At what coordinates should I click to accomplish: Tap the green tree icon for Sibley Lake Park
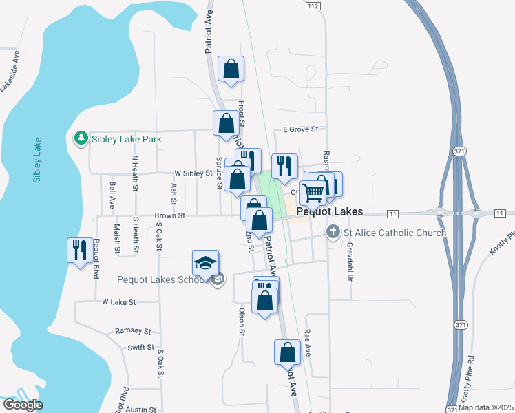click(x=81, y=139)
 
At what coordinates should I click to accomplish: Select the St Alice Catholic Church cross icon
click(x=333, y=232)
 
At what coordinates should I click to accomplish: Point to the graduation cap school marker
click(x=205, y=264)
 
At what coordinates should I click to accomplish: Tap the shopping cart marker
click(x=313, y=193)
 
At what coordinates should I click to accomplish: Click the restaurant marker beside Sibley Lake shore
click(x=80, y=250)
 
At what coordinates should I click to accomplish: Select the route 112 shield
click(x=313, y=6)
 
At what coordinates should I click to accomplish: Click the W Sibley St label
click(x=193, y=173)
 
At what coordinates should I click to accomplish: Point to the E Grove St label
click(x=301, y=129)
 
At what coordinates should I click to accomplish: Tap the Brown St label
click(x=170, y=215)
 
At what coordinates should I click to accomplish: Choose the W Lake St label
click(x=119, y=301)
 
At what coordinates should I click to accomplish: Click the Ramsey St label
click(x=133, y=331)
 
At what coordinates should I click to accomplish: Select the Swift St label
click(x=140, y=348)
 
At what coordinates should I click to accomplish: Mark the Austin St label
click(x=142, y=409)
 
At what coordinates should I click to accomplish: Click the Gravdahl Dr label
click(x=350, y=262)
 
